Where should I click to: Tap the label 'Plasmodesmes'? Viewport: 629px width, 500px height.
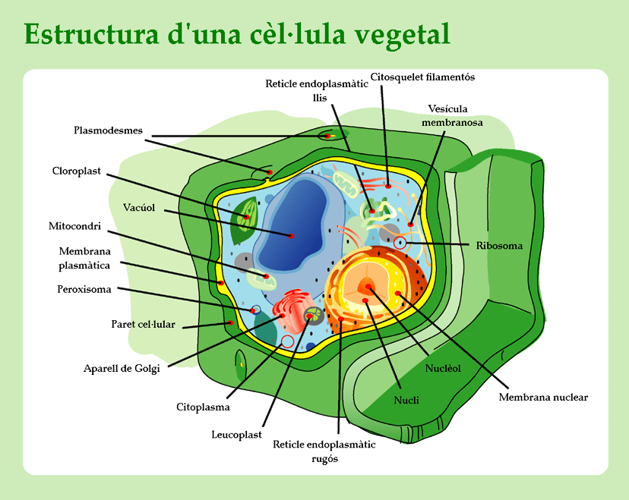108,130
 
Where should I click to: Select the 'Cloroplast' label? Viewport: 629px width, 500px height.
76,171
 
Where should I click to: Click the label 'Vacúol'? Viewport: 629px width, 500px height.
139,207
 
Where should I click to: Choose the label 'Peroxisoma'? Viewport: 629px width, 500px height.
84,289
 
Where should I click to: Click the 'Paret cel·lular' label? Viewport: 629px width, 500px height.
144,325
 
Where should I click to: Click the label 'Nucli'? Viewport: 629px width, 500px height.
406,399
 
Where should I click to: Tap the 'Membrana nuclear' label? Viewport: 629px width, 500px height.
543,397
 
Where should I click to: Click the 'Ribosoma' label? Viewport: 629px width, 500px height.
499,245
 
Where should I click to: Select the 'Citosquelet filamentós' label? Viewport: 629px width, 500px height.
422,77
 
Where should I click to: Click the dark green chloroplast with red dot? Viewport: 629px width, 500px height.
244,219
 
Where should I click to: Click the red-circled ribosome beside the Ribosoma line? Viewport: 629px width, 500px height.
400,244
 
